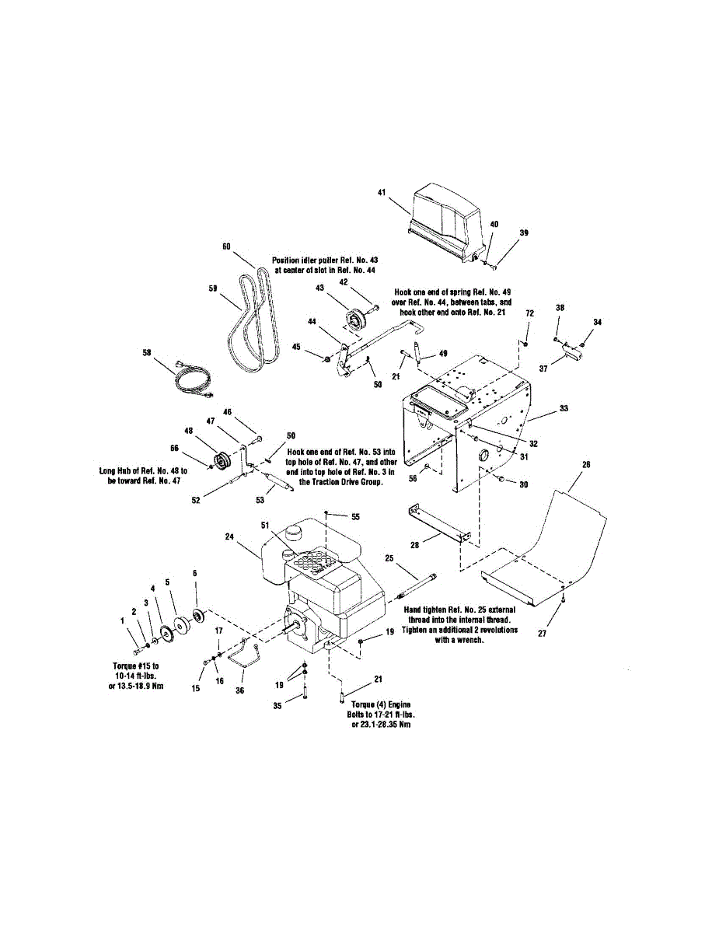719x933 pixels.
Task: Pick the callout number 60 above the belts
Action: coord(226,246)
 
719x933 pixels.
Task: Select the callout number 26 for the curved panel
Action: coord(585,464)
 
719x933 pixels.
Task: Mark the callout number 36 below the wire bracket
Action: coord(239,690)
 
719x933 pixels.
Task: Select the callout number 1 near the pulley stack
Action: coord(122,620)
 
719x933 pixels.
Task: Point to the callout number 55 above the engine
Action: coord(356,516)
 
